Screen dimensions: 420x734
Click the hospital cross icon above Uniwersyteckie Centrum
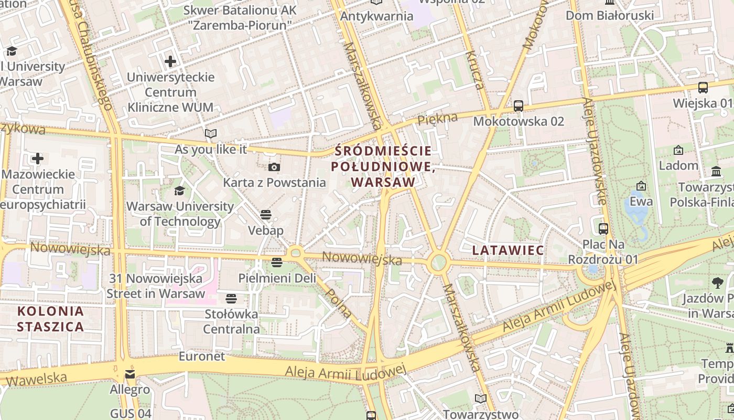click(x=170, y=61)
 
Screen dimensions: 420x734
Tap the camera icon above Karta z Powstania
click(x=274, y=167)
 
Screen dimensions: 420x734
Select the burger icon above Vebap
click(x=266, y=215)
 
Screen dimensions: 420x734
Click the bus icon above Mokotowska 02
click(x=519, y=106)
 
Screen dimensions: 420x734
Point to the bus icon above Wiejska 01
click(x=703, y=88)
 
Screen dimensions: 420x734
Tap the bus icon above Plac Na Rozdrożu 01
click(x=603, y=228)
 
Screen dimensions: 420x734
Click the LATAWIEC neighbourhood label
click(x=508, y=250)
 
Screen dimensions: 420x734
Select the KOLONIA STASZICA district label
click(x=50, y=319)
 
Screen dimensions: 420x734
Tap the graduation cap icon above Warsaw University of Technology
click(x=180, y=191)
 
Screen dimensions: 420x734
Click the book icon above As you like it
click(x=211, y=134)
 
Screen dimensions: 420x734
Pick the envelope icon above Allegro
click(x=129, y=374)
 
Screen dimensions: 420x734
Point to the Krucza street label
click(x=474, y=70)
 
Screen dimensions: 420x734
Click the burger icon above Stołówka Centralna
click(x=231, y=299)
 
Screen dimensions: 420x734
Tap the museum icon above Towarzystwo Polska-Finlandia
click(x=716, y=172)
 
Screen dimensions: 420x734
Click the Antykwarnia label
click(x=376, y=16)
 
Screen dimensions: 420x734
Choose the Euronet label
click(x=202, y=356)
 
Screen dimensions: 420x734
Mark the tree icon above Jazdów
click(x=718, y=283)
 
